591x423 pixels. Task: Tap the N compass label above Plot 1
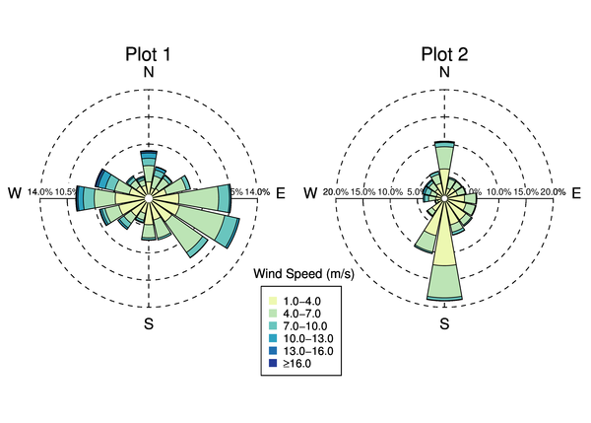point(149,72)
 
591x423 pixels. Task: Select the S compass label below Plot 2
point(444,322)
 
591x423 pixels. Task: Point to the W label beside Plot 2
point(312,192)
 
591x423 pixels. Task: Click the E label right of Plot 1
point(281,192)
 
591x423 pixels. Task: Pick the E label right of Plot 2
point(576,192)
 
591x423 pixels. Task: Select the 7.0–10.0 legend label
point(307,325)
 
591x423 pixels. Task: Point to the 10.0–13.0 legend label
point(310,338)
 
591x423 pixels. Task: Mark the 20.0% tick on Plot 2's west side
point(336,192)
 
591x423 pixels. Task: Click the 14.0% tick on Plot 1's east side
point(256,192)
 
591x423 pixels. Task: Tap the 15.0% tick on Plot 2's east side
point(526,192)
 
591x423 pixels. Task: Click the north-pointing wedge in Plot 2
point(444,163)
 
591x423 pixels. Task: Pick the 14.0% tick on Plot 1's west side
point(40,192)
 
